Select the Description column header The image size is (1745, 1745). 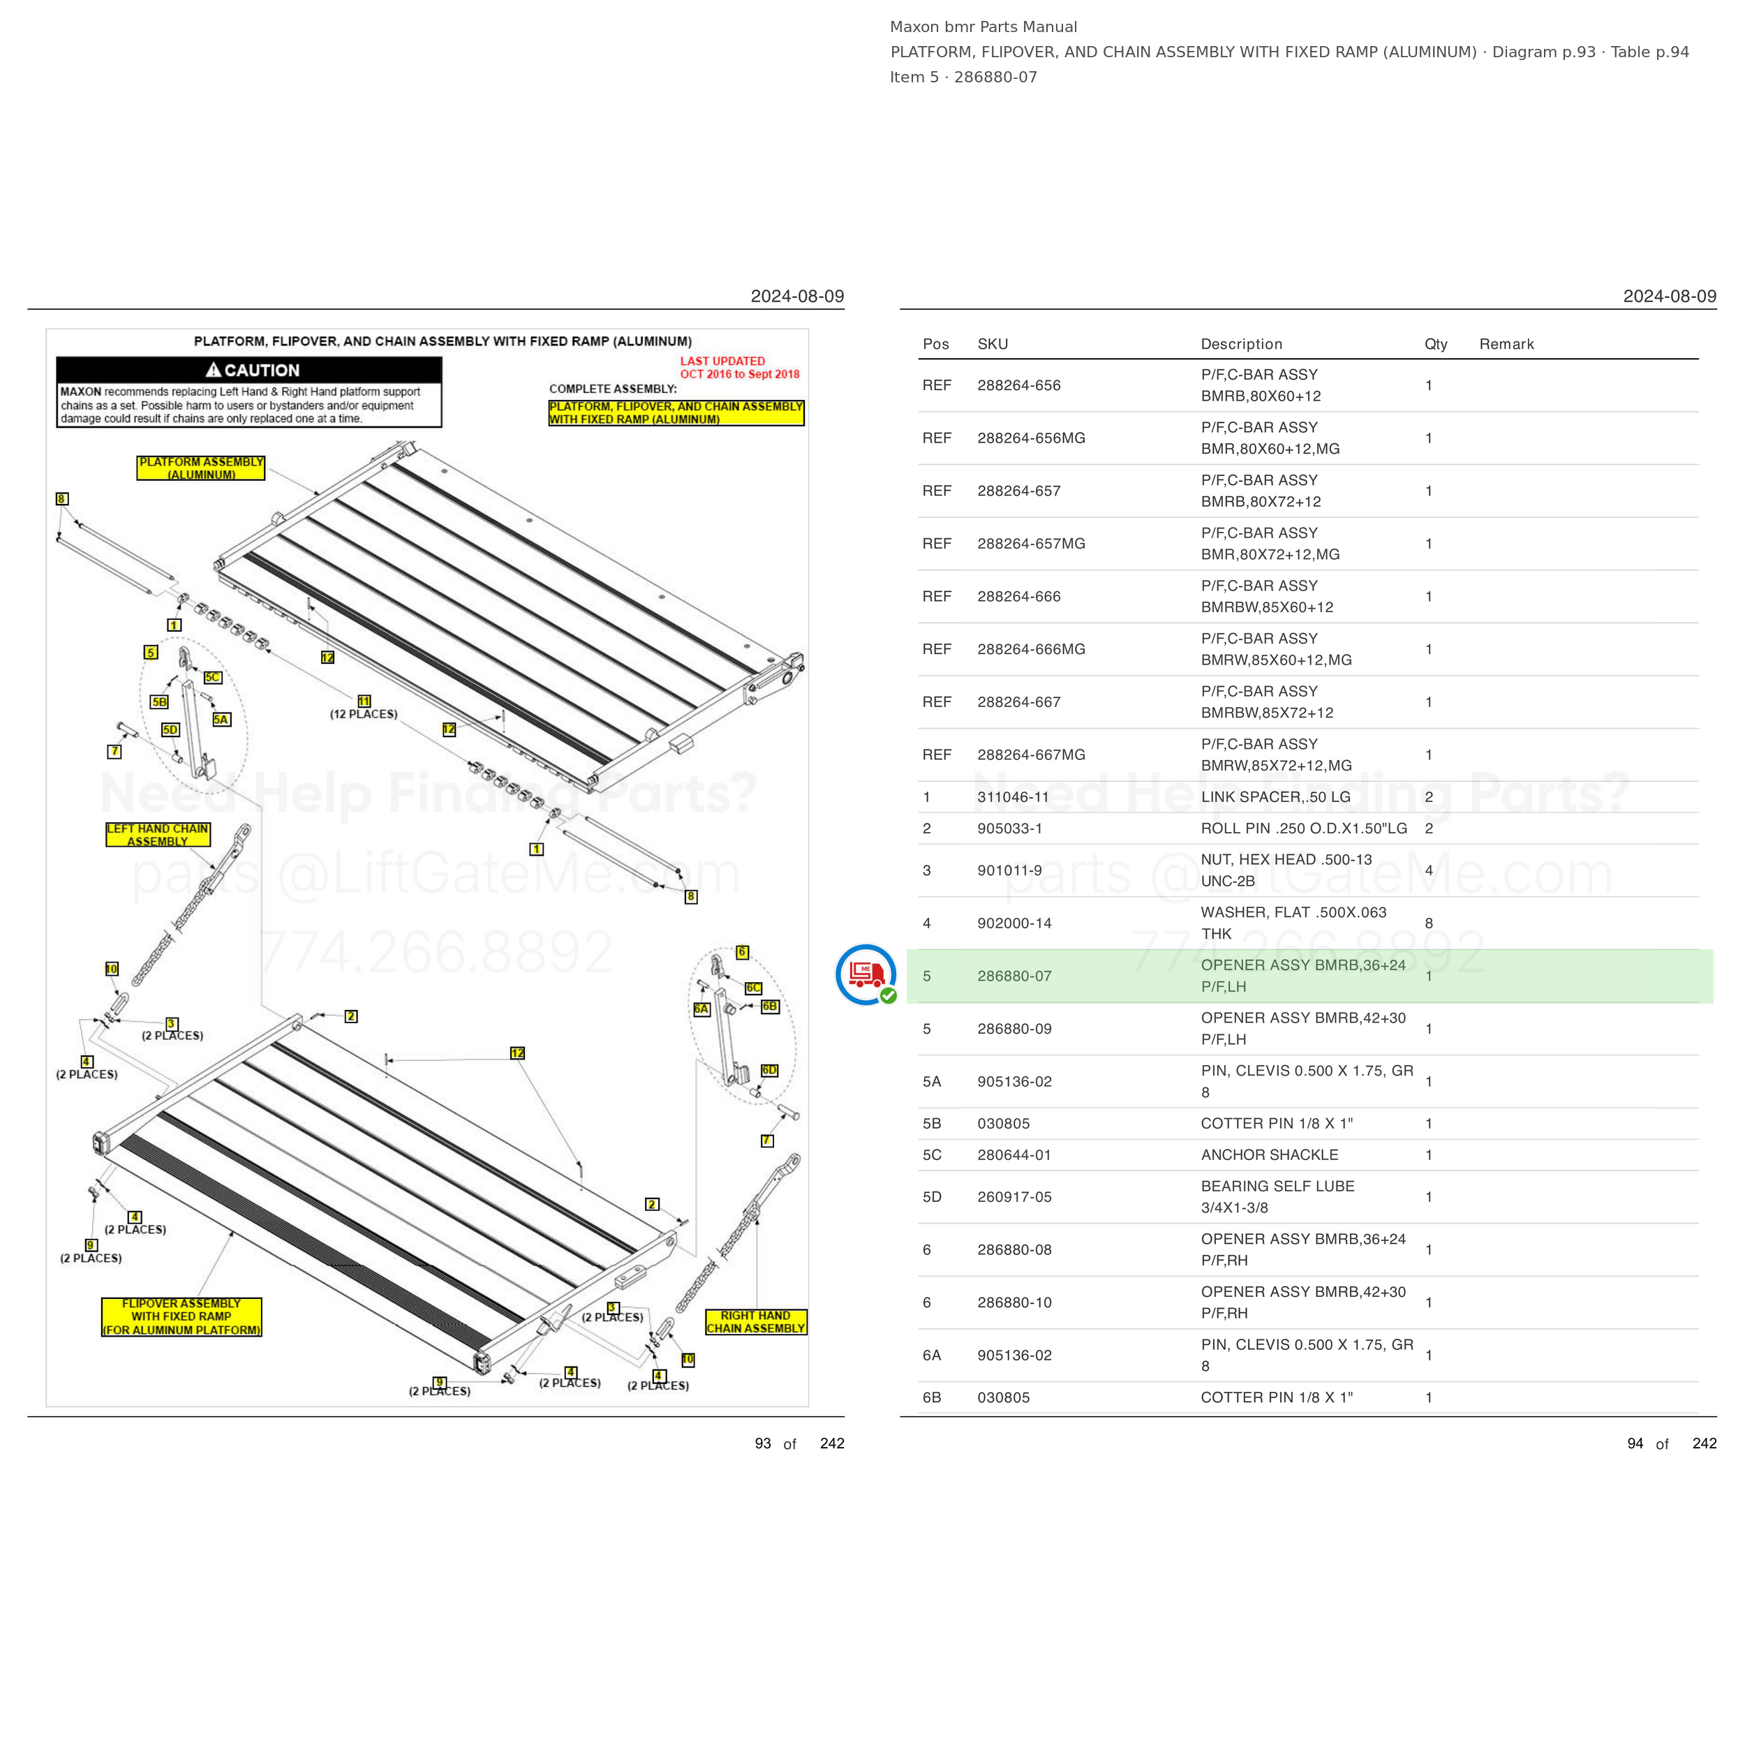click(1241, 344)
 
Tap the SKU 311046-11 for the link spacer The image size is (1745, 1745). click(1013, 796)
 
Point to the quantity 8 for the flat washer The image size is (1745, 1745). click(1429, 923)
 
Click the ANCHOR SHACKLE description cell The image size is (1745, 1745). click(1269, 1154)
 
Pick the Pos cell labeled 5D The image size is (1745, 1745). click(932, 1197)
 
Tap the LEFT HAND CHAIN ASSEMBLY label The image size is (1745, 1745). click(158, 835)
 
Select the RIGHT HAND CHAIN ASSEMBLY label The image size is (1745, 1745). click(756, 1321)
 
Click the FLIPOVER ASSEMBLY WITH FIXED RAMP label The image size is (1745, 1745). click(181, 1317)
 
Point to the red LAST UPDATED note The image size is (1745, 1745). click(740, 368)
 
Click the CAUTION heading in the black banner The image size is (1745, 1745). click(252, 371)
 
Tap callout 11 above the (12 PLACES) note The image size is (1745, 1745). click(364, 701)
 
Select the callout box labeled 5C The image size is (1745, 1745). click(213, 677)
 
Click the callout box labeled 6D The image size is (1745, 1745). click(769, 1070)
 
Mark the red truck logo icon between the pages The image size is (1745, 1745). click(866, 974)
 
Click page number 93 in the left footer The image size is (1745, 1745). click(763, 1443)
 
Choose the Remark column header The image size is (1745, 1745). click(1506, 344)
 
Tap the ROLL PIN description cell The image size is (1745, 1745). click(1303, 829)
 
